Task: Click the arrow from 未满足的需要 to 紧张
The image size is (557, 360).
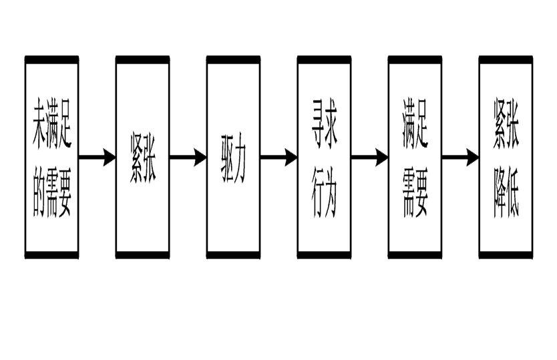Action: tap(97, 158)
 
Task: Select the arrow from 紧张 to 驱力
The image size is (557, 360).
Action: tap(188, 158)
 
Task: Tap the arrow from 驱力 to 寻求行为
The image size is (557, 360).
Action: tap(278, 158)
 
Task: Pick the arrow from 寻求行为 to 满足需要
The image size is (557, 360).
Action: tap(369, 158)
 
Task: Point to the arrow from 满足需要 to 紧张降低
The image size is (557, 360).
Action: tap(460, 158)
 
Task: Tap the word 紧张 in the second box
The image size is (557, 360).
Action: tap(143, 160)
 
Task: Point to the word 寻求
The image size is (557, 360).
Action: tap(325, 124)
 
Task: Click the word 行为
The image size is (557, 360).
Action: tap(325, 196)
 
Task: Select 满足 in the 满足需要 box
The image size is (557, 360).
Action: tap(415, 124)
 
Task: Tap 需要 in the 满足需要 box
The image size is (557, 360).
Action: tap(415, 196)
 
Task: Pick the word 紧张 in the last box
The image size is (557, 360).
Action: tap(506, 124)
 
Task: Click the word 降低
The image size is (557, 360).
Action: tap(506, 196)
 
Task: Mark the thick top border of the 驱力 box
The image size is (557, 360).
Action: tap(233, 60)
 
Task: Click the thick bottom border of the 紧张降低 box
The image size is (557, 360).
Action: tap(506, 254)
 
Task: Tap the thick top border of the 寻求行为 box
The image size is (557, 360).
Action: tap(325, 60)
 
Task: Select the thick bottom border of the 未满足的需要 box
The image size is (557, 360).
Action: tap(52, 254)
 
